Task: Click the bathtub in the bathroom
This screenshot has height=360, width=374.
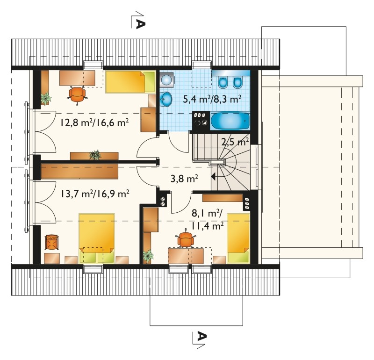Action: tap(230, 121)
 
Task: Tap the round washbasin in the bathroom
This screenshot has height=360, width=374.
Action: tap(166, 99)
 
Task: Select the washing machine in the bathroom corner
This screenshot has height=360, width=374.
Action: tap(167, 79)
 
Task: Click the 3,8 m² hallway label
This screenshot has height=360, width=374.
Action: tap(184, 179)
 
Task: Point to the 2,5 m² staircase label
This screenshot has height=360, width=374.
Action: tap(235, 142)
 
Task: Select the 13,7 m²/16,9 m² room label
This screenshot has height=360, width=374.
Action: tap(95, 194)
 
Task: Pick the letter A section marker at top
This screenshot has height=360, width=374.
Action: tap(140, 24)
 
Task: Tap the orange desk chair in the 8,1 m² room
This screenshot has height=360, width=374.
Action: tap(186, 239)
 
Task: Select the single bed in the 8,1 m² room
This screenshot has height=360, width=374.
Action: tap(238, 238)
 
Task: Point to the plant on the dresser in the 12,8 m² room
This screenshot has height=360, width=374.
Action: tap(95, 155)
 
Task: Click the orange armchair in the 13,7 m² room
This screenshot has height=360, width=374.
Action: tap(51, 242)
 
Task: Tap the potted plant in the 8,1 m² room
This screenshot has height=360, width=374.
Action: tap(148, 256)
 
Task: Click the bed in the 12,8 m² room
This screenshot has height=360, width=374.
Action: tap(130, 82)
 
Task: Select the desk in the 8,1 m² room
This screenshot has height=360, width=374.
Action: tap(186, 256)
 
